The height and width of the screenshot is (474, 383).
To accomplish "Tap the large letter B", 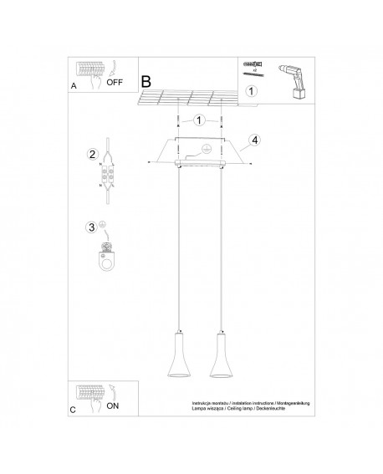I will coord(147,83).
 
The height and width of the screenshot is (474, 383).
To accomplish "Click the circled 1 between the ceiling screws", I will coord(198,120).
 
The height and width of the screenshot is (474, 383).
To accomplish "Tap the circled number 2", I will coord(94,154).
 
